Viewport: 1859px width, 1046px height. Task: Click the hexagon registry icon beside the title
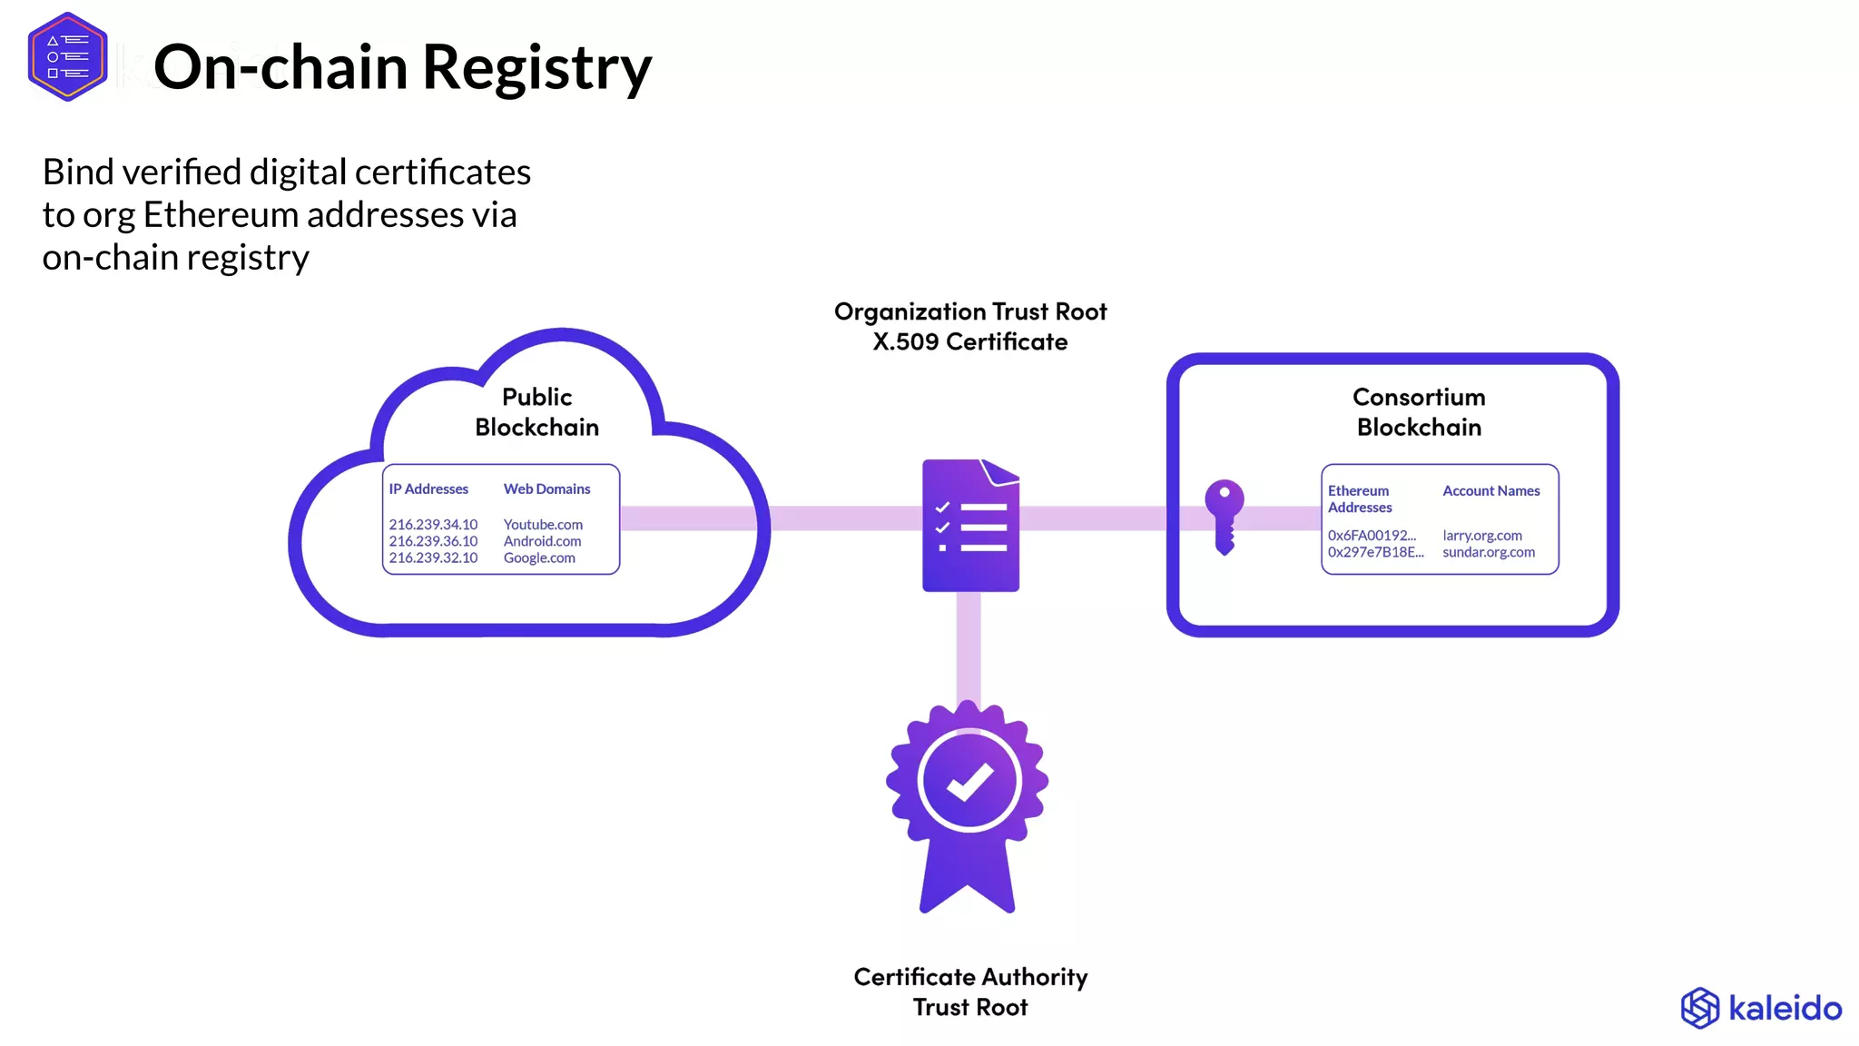coord(67,56)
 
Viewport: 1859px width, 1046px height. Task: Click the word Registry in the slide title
coord(536,67)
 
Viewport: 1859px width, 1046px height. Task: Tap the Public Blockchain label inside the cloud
coord(536,411)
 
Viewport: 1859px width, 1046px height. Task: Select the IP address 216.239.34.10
coord(433,525)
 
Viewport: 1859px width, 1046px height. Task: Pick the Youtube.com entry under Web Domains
coord(543,525)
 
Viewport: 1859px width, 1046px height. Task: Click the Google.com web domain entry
coord(539,558)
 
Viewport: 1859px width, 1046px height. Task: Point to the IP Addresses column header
coord(428,488)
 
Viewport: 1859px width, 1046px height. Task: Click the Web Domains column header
coord(546,488)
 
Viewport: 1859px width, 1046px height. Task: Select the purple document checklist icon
coord(970,526)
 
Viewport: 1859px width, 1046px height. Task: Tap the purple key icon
coord(1224,515)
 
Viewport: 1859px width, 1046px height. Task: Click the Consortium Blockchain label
coord(1419,411)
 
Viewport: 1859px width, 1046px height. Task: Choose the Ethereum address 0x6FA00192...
coord(1372,536)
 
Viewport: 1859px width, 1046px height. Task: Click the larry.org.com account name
coord(1482,536)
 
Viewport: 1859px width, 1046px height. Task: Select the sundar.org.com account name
coord(1489,552)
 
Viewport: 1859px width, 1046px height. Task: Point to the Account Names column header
coord(1491,490)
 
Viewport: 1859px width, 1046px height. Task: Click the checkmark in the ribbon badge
coord(969,782)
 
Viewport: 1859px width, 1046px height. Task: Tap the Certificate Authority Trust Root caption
coord(970,992)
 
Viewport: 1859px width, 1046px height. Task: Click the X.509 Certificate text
coord(970,342)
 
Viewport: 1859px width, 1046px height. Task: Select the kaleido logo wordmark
coord(1784,1008)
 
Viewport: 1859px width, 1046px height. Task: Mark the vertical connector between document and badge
coord(969,646)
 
